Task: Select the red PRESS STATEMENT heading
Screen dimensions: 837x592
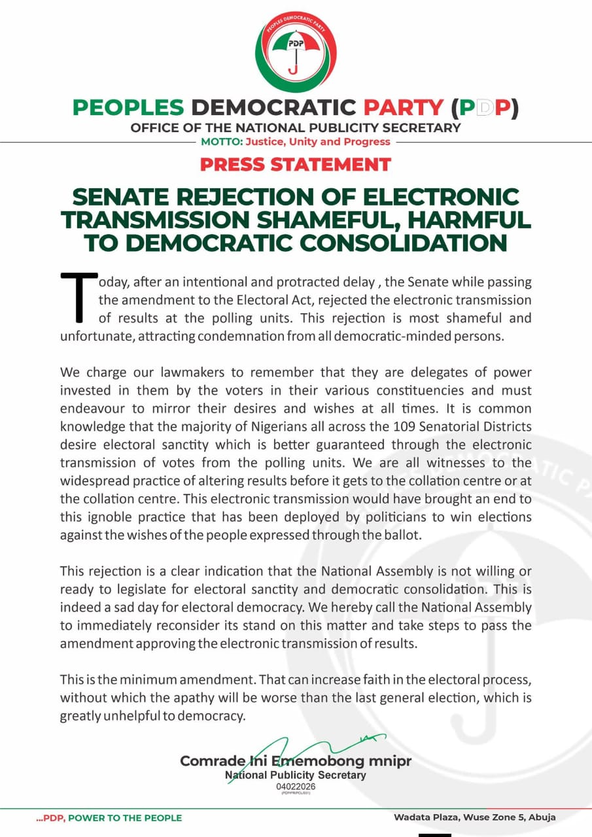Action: coord(296,164)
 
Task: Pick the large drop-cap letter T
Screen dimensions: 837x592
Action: coord(78,298)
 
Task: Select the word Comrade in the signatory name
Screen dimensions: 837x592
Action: coord(204,762)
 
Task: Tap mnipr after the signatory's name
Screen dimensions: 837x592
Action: coord(390,762)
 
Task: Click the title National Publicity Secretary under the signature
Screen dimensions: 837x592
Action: coord(296,775)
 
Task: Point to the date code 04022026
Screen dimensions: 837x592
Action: coord(296,786)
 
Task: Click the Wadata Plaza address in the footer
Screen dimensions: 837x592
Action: coord(474,817)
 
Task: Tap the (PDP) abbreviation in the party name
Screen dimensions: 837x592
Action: coord(484,108)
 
